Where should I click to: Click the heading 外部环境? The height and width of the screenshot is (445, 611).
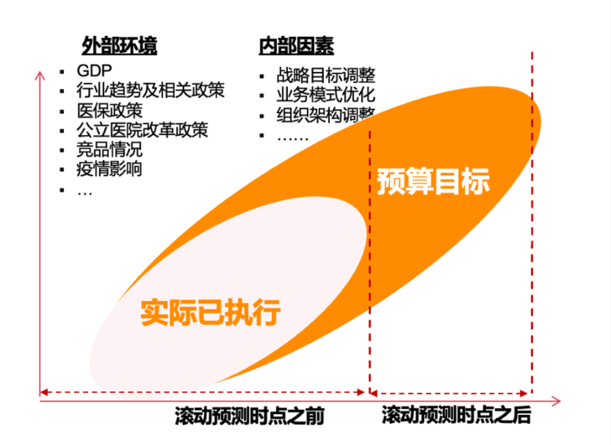pos(119,46)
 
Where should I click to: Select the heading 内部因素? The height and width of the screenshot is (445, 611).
pos(296,46)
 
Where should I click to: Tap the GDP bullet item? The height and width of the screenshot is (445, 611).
pos(94,71)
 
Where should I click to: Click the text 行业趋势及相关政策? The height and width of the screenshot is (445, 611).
pos(150,90)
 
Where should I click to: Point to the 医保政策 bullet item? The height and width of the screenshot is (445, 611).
pos(110,110)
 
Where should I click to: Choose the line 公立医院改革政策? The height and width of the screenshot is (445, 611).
pos(142,129)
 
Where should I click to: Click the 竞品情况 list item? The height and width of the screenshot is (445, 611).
pos(110,149)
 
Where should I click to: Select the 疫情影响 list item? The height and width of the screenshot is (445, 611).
pos(110,169)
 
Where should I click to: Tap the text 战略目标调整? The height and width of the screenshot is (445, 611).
pos(326,75)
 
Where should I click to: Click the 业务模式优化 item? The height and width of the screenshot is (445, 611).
pos(326,94)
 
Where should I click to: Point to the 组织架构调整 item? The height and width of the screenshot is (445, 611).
pos(326,115)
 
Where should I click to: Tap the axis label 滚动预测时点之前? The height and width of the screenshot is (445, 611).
pos(249,417)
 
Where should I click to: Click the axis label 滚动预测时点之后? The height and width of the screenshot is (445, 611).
pos(456,416)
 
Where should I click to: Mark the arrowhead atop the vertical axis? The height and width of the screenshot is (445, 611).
pos(40,75)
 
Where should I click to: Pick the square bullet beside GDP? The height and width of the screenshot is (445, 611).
pos(62,71)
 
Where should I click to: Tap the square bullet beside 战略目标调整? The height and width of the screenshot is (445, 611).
pos(262,76)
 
